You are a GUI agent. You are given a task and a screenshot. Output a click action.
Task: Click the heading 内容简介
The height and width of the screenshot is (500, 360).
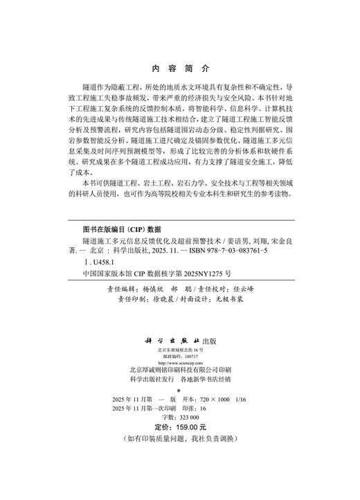[179, 69]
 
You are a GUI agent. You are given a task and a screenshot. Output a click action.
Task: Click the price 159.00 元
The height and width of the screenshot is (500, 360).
[186, 428]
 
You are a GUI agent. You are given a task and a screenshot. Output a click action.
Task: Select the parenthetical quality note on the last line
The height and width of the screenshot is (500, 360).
[179, 440]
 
